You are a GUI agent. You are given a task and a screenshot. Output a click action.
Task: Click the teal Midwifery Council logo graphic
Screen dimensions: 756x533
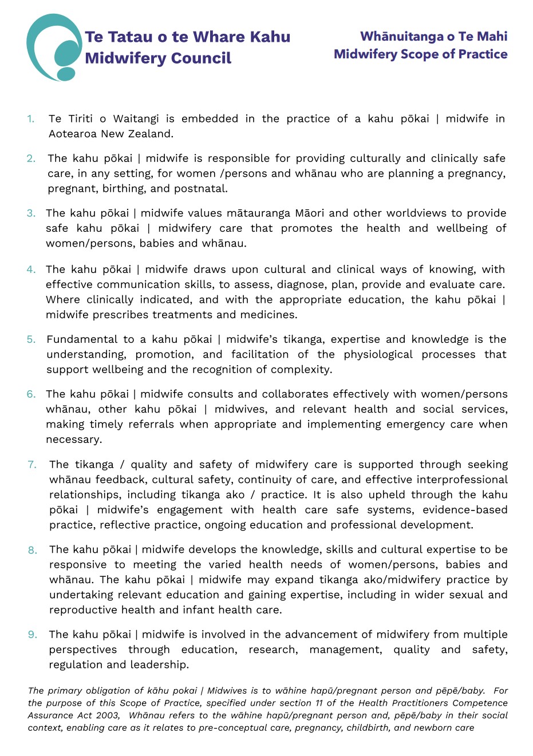54,48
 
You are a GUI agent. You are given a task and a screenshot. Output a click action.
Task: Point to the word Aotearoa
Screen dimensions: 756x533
73,134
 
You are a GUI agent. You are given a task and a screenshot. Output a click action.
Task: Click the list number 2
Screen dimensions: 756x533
31,159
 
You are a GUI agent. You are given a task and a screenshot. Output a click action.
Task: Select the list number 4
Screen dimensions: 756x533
31,270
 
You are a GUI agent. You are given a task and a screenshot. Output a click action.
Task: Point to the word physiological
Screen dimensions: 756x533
378,355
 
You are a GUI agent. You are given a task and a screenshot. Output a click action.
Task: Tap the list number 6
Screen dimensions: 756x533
31,394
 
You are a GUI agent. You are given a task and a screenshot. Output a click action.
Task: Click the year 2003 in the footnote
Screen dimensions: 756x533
108,715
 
